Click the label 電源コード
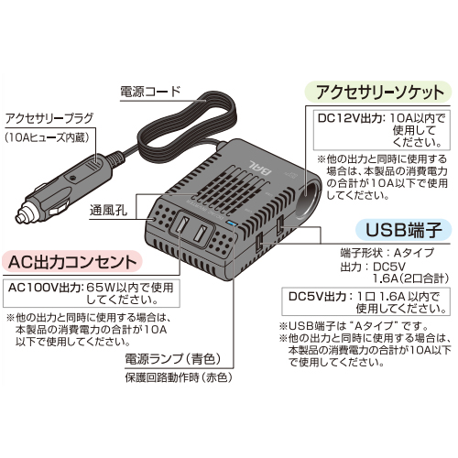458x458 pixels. tap(150, 92)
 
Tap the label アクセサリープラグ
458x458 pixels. tap(49, 118)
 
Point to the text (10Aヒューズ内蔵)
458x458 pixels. tap(48, 137)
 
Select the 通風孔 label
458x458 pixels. tap(108, 211)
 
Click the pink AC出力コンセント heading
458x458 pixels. tap(72, 262)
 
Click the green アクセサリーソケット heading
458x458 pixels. tap(378, 92)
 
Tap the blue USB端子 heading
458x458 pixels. tap(404, 230)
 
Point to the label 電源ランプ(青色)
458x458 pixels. tap(173, 359)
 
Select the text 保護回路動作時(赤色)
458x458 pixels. tap(179, 377)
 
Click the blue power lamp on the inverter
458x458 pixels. tap(231, 224)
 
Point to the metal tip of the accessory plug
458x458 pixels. tap(21, 218)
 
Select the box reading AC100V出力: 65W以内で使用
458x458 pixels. tap(92, 293)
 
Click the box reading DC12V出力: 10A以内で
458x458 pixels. tap(382, 130)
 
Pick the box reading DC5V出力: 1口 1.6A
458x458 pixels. tap(365, 301)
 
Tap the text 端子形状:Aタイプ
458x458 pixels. tap(387, 253)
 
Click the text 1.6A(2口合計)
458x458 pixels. tap(411, 278)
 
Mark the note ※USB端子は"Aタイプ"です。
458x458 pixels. tap(354, 326)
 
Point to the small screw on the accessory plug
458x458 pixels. tap(72, 178)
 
